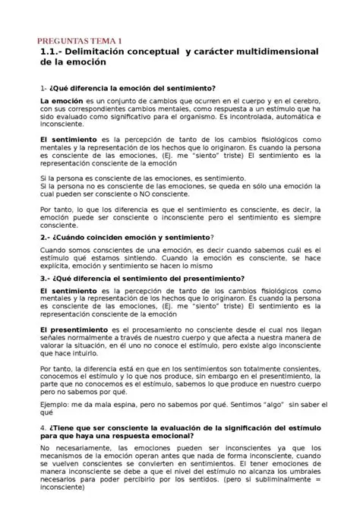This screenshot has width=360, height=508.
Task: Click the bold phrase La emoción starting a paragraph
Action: [61, 101]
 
